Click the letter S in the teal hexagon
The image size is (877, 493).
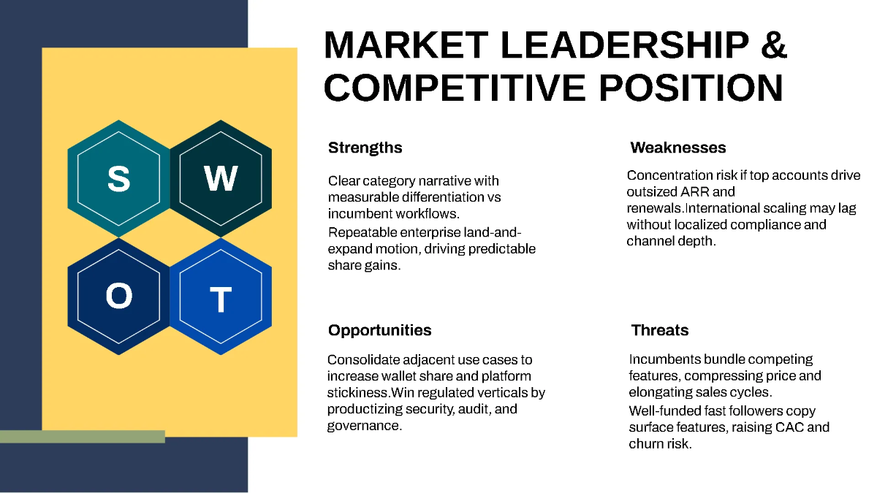pos(118,178)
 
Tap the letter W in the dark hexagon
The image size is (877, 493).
pos(221,178)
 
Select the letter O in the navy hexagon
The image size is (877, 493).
pos(118,297)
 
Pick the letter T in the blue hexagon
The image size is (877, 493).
pos(221,299)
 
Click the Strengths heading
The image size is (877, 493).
pos(365,148)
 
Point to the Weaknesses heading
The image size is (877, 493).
pos(677,148)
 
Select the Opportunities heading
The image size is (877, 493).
pos(379,330)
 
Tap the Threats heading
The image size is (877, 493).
pos(659,330)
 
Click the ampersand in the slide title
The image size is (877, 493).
pos(773,46)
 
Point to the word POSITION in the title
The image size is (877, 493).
pos(691,88)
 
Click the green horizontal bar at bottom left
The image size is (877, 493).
pos(82,437)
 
